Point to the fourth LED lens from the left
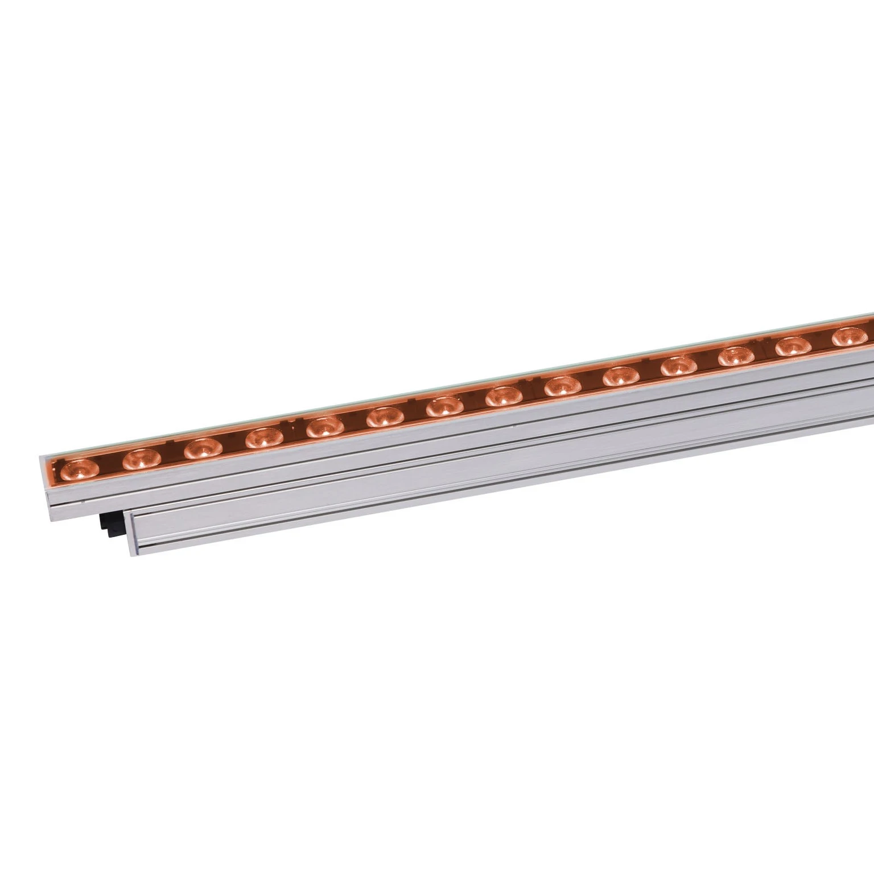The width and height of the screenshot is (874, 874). [263, 438]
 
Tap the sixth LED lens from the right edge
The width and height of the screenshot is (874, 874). [561, 387]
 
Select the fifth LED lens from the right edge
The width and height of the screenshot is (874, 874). [620, 376]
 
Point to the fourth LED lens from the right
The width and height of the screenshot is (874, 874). [678, 366]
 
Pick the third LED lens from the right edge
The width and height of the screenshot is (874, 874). [735, 356]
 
